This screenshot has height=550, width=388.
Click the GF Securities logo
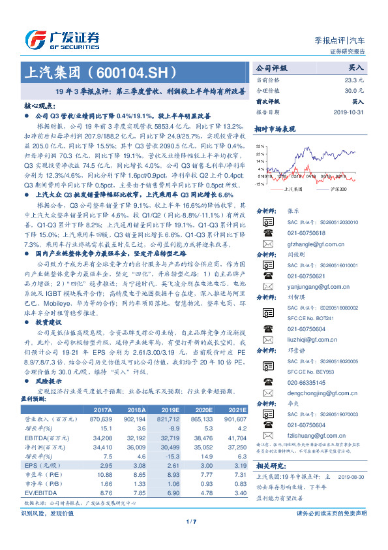[62, 37]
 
